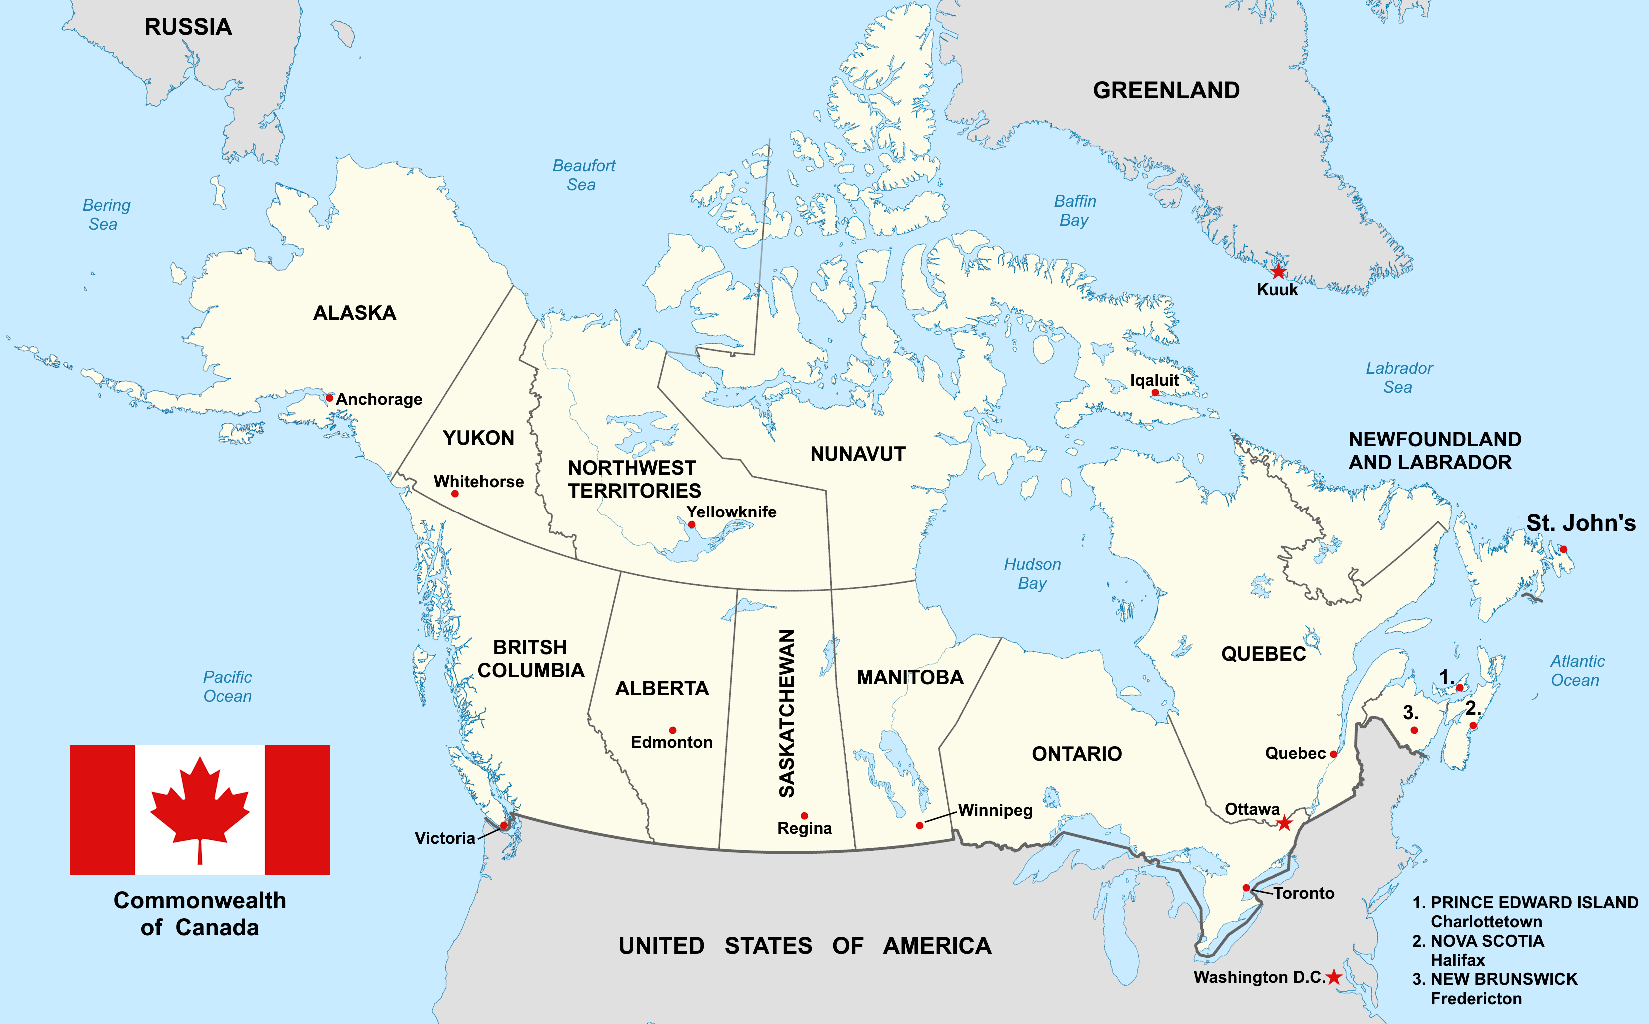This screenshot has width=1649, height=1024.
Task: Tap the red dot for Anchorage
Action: point(329,398)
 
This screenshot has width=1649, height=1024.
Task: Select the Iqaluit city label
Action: point(1154,380)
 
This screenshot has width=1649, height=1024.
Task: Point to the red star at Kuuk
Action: point(1278,272)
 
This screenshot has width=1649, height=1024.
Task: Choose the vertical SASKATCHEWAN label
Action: point(786,713)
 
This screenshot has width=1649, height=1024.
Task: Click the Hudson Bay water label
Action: point(1032,573)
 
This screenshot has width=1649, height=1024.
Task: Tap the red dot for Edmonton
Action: point(672,730)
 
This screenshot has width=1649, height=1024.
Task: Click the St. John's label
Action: point(1581,523)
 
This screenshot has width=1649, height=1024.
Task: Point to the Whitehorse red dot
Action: point(455,494)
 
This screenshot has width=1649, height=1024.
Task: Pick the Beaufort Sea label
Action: point(583,175)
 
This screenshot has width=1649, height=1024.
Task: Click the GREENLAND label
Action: point(1166,90)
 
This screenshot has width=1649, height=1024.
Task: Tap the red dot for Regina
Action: point(804,815)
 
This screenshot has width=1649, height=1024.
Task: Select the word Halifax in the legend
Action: point(1457,960)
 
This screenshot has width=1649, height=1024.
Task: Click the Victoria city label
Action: point(444,838)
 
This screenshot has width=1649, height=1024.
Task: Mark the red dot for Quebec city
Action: point(1333,754)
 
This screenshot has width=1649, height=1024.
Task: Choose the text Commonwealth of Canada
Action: point(200,913)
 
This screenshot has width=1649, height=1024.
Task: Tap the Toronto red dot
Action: point(1246,888)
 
